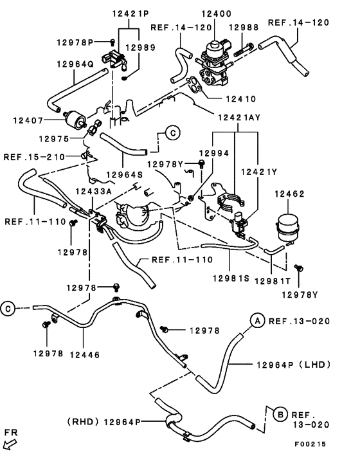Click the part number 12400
pos(219,13)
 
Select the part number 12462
pos(289,194)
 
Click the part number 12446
pos(84,353)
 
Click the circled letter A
pos(256,320)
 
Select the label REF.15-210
pos(34,156)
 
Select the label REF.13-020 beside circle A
pos(299,320)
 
